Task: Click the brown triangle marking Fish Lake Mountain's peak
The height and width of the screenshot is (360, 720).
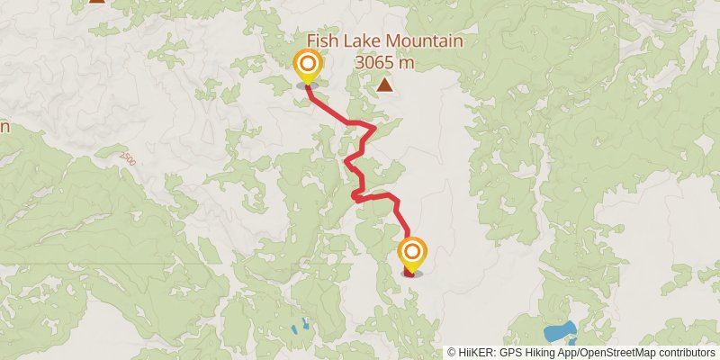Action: pos(385,85)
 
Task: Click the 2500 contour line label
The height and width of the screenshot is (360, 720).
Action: pos(127,158)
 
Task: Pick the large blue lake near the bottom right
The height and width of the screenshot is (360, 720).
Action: pos(559,331)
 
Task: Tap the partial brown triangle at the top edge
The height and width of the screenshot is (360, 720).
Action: pos(96,2)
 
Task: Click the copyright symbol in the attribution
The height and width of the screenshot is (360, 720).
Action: pos(452,353)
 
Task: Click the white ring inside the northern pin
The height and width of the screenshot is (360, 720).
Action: pos(308,64)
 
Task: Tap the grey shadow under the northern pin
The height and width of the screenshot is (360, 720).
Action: pos(308,86)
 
